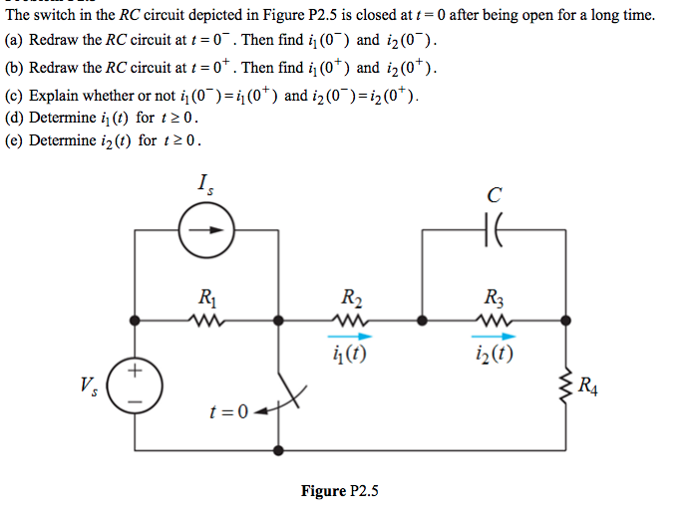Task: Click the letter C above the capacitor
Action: click(x=496, y=192)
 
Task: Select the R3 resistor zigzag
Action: click(x=496, y=321)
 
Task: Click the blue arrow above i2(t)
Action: click(x=496, y=338)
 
